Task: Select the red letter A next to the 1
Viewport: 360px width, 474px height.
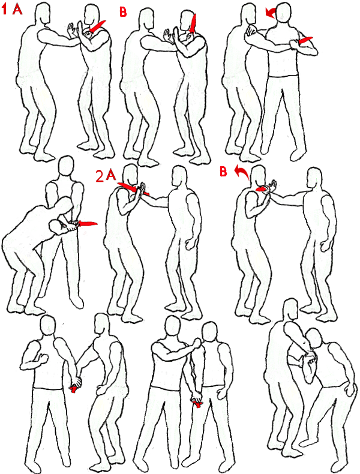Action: point(17,10)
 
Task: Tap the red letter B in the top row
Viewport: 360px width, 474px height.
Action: point(123,12)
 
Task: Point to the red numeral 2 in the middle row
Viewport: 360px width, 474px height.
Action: point(100,176)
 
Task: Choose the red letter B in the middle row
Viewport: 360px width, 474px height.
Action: point(223,172)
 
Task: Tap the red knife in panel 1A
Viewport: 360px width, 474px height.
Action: point(98,26)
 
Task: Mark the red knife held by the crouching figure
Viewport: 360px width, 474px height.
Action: point(88,224)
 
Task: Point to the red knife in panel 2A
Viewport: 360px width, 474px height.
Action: point(133,188)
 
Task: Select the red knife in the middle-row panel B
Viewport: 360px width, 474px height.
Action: point(262,189)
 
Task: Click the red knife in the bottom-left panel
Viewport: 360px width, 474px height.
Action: point(73,389)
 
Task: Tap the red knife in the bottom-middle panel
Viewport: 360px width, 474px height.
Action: point(197,404)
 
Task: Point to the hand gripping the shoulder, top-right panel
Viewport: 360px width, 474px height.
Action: point(251,30)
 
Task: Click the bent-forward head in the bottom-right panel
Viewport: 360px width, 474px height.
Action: point(313,338)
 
